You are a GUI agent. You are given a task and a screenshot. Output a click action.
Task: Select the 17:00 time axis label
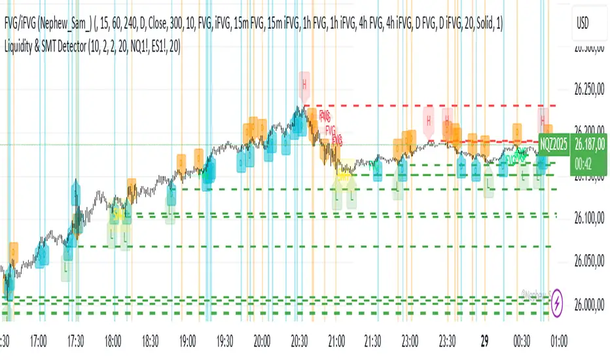[x=39, y=340]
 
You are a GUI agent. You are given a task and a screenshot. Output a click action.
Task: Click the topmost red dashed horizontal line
[x=425, y=105]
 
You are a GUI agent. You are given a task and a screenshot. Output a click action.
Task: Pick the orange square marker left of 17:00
[x=13, y=250]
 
